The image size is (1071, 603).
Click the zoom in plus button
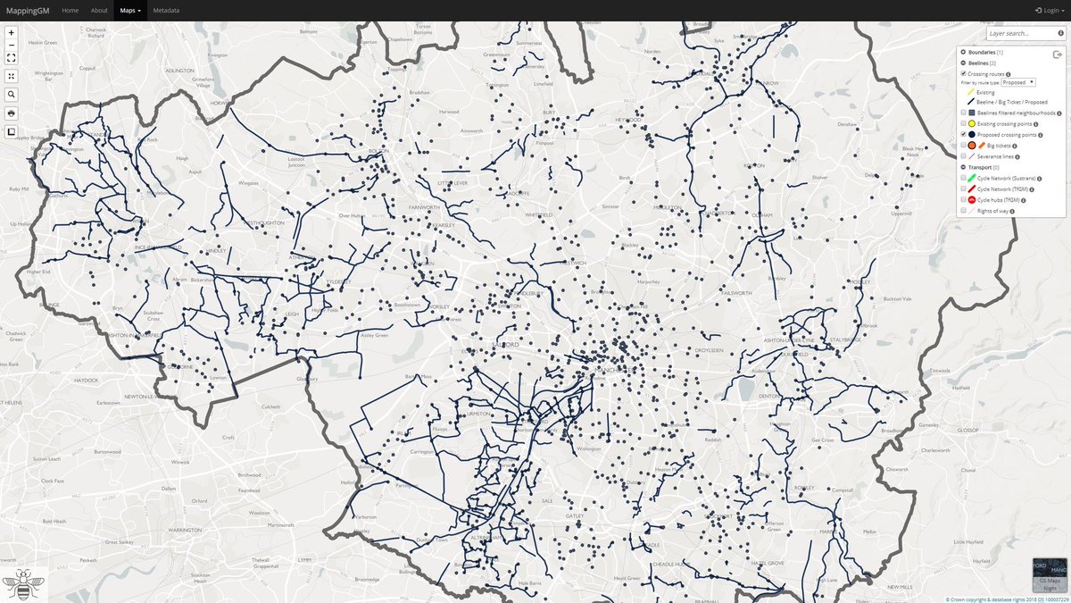[x=11, y=32]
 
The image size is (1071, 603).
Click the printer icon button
[x=11, y=113]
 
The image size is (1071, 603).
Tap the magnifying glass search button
[x=11, y=94]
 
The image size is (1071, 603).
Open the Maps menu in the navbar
[x=130, y=11]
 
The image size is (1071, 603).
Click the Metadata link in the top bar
[x=166, y=11]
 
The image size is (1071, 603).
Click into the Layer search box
[x=1021, y=33]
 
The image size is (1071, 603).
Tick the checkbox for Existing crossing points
[x=964, y=123]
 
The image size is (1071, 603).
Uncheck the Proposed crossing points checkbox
[x=964, y=134]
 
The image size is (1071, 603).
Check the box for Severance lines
[x=964, y=155]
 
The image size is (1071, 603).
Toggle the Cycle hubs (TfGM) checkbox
[x=964, y=200]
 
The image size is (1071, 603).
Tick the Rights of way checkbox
[x=964, y=211]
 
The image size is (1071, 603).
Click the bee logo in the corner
[x=24, y=584]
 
